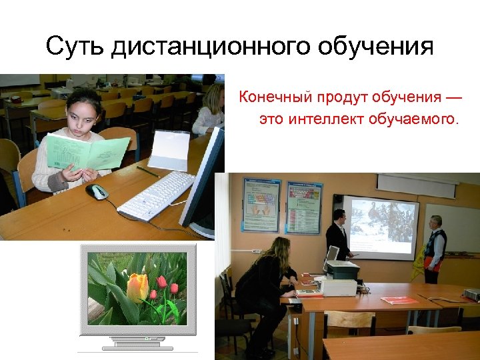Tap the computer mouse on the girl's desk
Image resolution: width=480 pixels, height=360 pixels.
click(97, 192)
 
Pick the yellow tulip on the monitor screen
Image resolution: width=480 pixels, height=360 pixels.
click(137, 287)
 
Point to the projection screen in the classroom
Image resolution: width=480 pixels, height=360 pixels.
click(380, 227)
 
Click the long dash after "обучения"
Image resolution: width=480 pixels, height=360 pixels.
click(453, 98)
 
